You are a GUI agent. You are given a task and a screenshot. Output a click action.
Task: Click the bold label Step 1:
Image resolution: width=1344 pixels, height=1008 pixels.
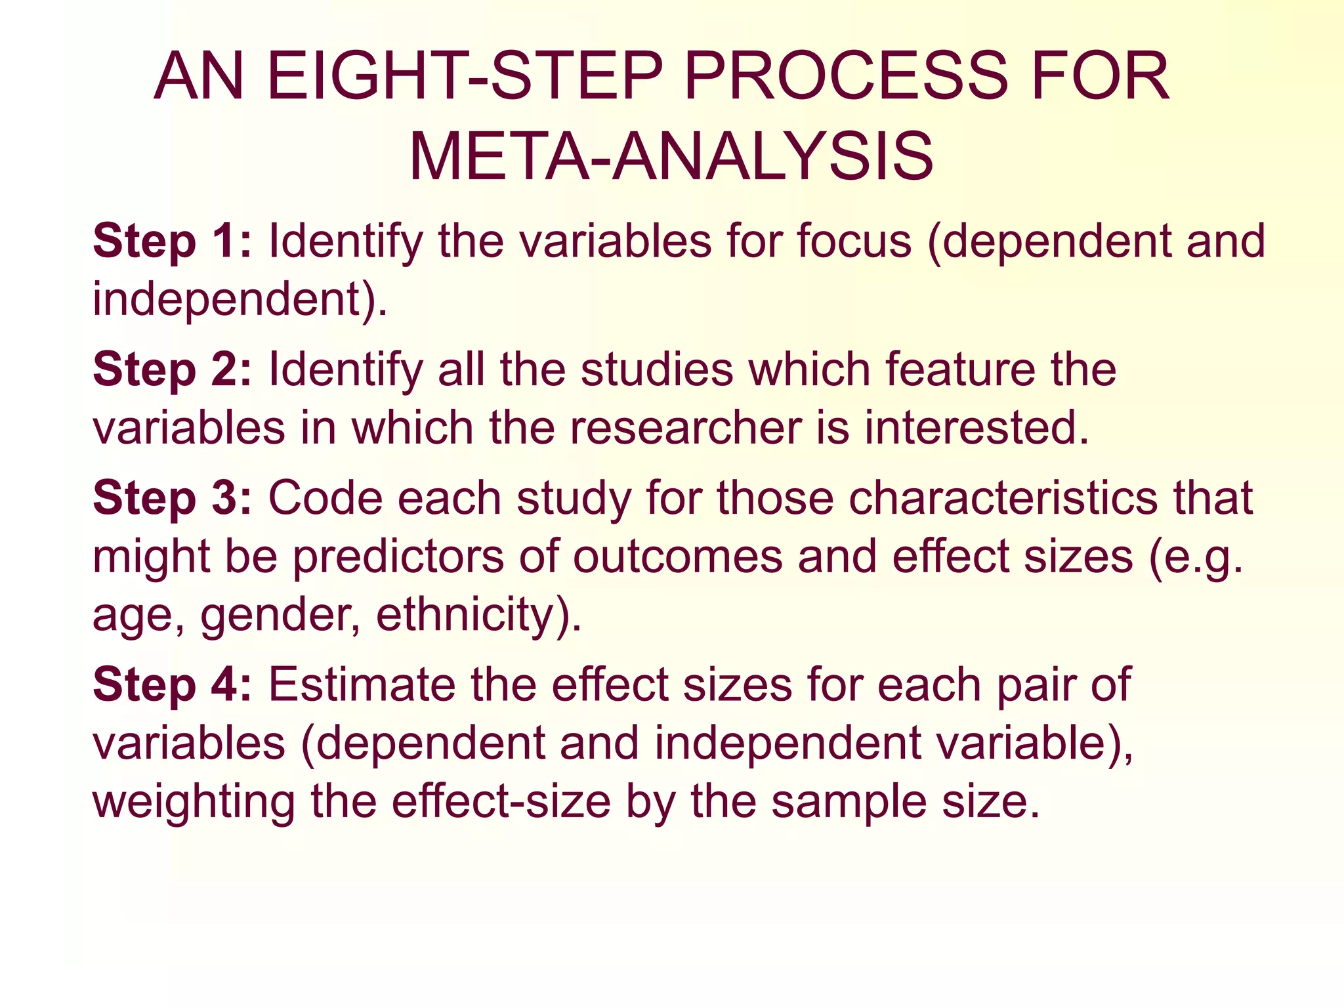pos(172,241)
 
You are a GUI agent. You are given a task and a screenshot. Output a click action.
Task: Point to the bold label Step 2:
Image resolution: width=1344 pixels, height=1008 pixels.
pos(172,369)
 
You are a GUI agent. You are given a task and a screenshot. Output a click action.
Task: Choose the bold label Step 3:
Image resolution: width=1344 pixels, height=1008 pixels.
pos(172,498)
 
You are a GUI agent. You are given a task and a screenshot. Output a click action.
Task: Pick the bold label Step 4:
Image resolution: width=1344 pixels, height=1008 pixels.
pos(172,685)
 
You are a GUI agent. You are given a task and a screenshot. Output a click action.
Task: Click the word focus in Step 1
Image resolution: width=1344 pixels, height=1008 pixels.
pos(854,241)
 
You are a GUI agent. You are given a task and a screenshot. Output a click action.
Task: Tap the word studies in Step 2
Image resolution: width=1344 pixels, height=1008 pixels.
pos(657,369)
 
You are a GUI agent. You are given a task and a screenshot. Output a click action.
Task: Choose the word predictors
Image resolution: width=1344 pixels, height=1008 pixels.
pos(398,557)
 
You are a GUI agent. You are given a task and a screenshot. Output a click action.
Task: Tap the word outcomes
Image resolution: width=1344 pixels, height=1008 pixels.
pos(677,557)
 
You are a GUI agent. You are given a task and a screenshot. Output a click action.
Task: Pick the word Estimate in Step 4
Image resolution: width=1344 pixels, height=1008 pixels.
pos(362,685)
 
